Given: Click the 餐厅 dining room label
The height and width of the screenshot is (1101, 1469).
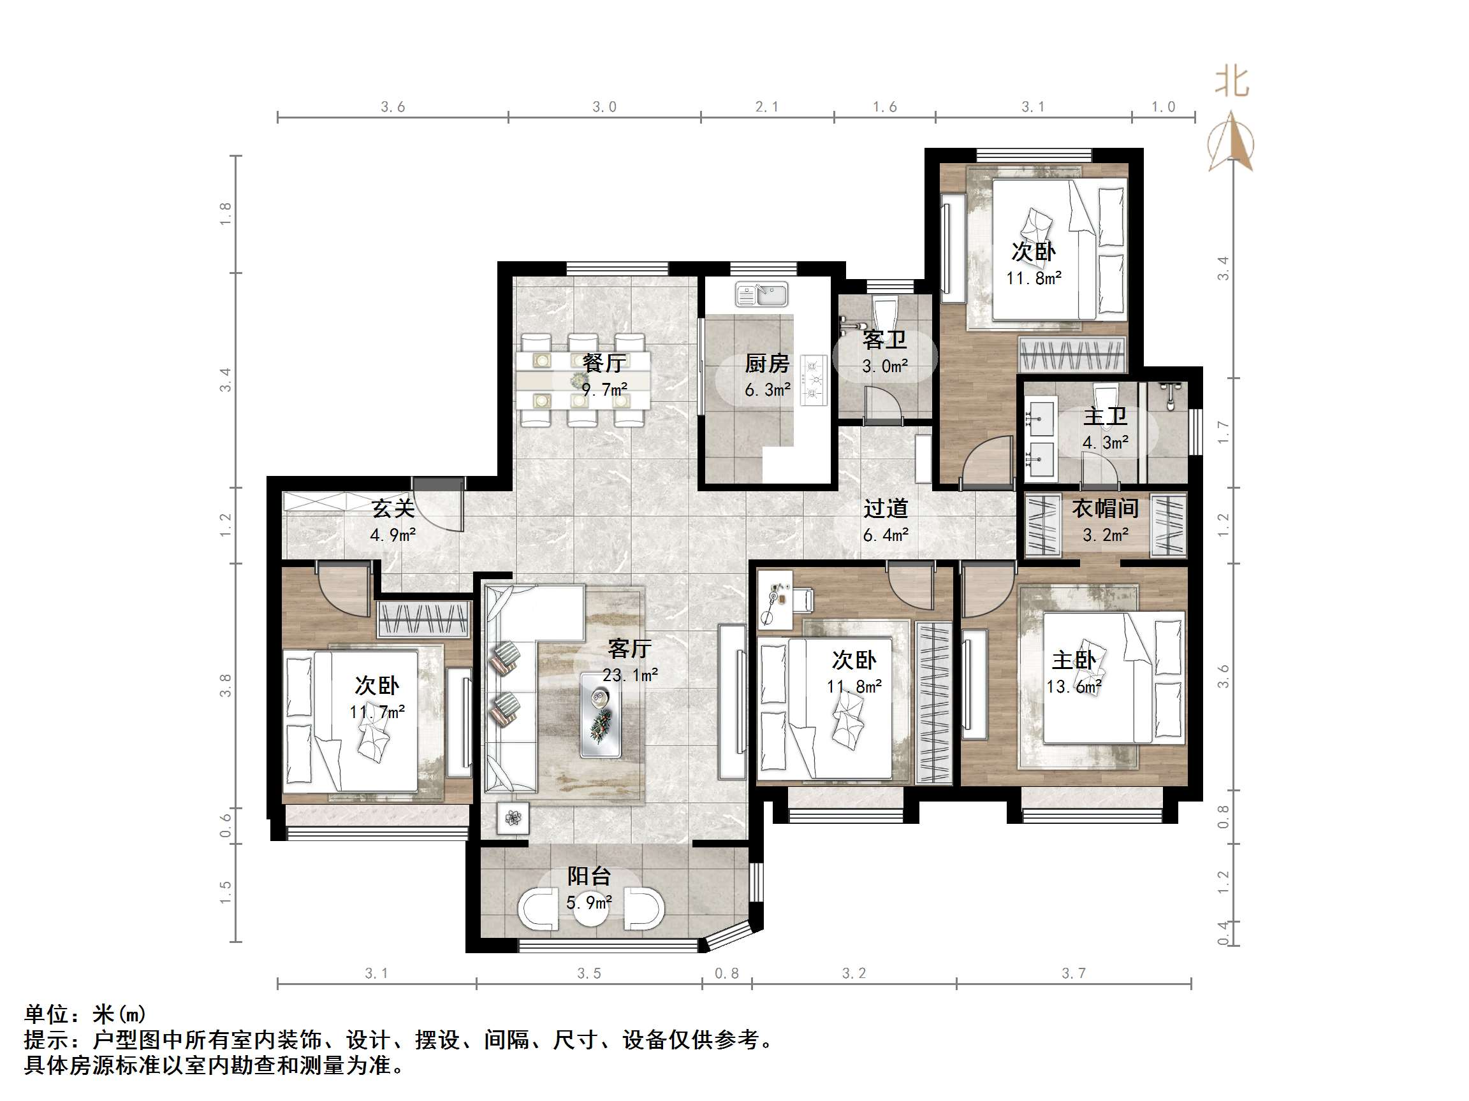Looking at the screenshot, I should tap(604, 363).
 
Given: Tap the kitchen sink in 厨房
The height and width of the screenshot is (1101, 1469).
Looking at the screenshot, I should tap(762, 294).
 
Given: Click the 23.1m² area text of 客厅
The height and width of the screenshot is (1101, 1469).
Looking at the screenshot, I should tap(629, 675).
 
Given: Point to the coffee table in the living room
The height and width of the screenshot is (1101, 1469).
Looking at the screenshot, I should tap(601, 715).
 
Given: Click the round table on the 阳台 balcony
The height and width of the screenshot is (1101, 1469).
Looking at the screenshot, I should tap(589, 909).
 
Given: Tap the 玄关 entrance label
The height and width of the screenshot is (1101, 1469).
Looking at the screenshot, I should tap(393, 508).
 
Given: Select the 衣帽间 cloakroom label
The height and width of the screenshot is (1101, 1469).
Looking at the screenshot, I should tap(1105, 508).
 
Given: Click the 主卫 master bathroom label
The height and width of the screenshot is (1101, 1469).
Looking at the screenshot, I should tap(1105, 416).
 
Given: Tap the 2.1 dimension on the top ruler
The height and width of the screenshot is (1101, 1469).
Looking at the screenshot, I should tap(766, 107).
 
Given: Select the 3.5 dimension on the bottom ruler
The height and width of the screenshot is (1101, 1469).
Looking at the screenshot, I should tap(588, 973).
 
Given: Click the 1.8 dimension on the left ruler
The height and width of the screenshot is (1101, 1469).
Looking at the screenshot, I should tap(226, 213).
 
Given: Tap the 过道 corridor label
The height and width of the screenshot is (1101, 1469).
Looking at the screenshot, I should tap(885, 508).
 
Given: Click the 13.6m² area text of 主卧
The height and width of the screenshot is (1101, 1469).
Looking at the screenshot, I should tap(1074, 687).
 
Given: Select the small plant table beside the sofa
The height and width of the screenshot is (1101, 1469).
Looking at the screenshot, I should tap(513, 818).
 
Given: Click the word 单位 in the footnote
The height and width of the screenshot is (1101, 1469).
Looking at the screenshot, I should tap(47, 1015).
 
